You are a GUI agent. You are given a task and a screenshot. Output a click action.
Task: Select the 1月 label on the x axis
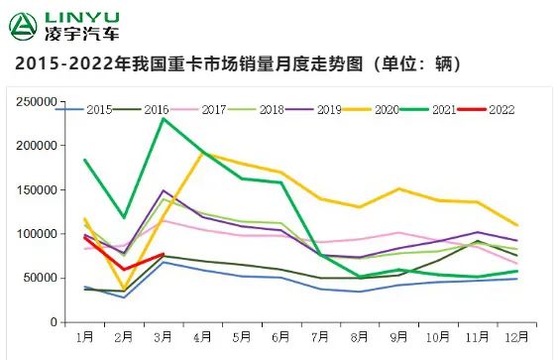85,338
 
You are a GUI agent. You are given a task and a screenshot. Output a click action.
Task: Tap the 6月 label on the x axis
280,338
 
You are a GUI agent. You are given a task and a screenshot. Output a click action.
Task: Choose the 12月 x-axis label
514,338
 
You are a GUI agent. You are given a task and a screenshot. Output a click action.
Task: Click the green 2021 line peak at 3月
164,119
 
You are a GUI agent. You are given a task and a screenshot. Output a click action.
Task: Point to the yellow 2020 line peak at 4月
202,154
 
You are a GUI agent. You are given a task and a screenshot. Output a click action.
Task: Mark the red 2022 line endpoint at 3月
164,254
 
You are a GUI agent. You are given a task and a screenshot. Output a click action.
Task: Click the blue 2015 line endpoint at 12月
515,279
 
